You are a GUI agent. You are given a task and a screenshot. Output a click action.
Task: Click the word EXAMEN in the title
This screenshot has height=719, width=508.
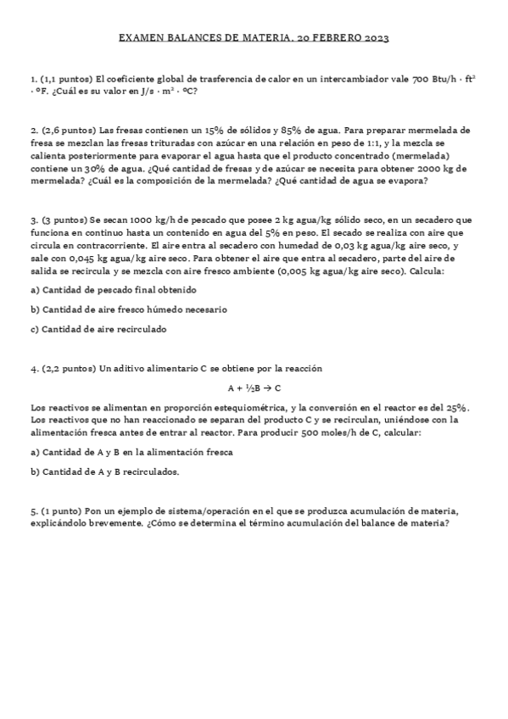[x=139, y=39]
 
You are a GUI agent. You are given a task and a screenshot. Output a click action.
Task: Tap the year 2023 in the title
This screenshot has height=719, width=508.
[x=375, y=39]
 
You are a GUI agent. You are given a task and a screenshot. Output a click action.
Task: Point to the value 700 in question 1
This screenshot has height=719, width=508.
[x=420, y=79]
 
